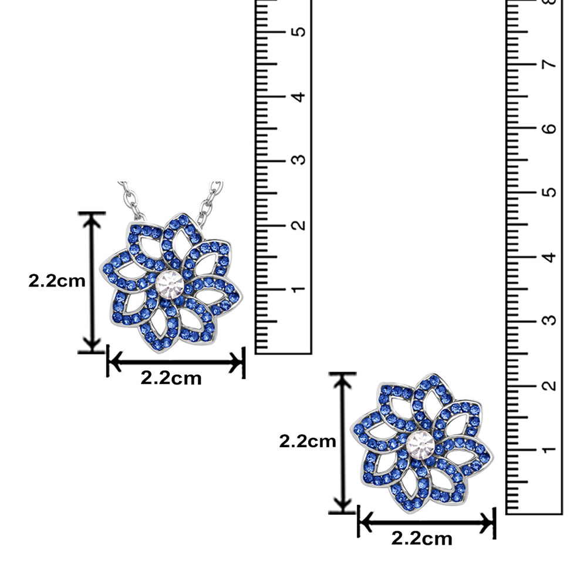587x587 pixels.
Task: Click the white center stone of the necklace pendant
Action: click(170, 285)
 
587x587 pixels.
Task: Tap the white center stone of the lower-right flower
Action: click(420, 445)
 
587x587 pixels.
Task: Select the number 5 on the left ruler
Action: click(298, 31)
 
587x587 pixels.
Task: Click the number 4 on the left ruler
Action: click(298, 97)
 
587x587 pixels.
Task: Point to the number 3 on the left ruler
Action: click(298, 160)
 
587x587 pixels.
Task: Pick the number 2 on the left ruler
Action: click(298, 225)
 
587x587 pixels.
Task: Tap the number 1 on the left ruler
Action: click(298, 289)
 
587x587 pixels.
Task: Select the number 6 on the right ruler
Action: click(549, 128)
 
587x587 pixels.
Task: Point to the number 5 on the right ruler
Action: click(549, 192)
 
